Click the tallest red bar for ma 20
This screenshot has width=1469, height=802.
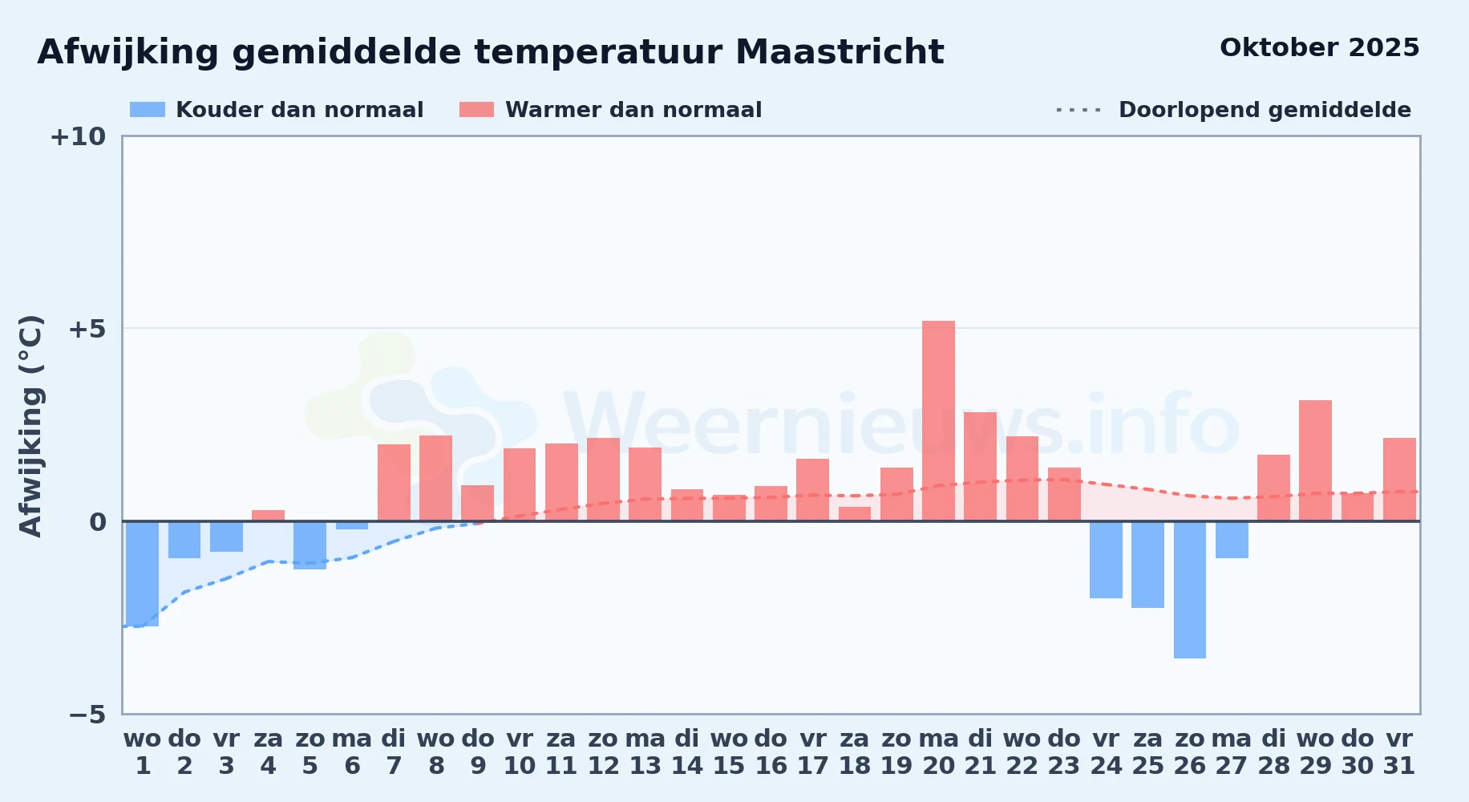[938, 421]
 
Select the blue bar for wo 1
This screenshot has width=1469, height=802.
[143, 573]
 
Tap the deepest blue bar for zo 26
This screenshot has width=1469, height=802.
[1190, 589]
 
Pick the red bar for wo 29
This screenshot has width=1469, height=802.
[1315, 460]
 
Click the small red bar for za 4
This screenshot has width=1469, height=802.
[268, 516]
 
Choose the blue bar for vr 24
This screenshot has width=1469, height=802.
[1106, 560]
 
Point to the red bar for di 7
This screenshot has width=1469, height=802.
[394, 483]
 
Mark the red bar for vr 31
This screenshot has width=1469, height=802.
[1399, 480]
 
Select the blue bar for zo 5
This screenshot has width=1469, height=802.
[310, 545]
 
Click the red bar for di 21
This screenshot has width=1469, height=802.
[980, 467]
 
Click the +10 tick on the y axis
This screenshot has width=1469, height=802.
[78, 136]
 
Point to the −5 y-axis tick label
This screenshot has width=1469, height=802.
[87, 714]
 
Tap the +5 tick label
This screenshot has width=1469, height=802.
[87, 329]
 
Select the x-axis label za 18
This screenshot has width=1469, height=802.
[855, 752]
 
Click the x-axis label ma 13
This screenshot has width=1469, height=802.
[645, 752]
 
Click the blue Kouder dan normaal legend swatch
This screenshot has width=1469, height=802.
[148, 110]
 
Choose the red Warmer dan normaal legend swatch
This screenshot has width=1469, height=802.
[477, 110]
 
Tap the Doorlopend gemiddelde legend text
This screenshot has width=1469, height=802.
[1265, 110]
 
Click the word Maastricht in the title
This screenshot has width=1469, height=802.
[840, 52]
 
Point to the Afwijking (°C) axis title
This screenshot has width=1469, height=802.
[30, 425]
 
